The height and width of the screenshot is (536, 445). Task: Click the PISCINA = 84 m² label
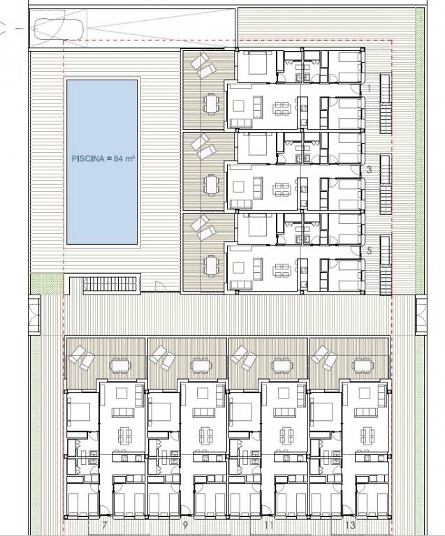pos(103,158)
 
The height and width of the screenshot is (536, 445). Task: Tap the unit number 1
pos(369,89)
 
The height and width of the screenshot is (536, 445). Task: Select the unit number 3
pos(369,170)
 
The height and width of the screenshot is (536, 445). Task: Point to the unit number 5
pos(369,251)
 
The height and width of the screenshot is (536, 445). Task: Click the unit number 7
pos(105,524)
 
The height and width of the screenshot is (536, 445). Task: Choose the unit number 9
pos(185,524)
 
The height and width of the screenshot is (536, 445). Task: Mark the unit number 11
pos(269,524)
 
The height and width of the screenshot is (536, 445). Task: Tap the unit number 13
pos(351,524)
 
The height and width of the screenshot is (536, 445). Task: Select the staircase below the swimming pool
pos(110,284)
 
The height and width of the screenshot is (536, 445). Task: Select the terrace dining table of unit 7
pos(120,366)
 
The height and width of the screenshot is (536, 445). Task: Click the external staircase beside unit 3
pos(386,184)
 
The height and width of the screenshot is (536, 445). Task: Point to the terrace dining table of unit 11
pos(282,366)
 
